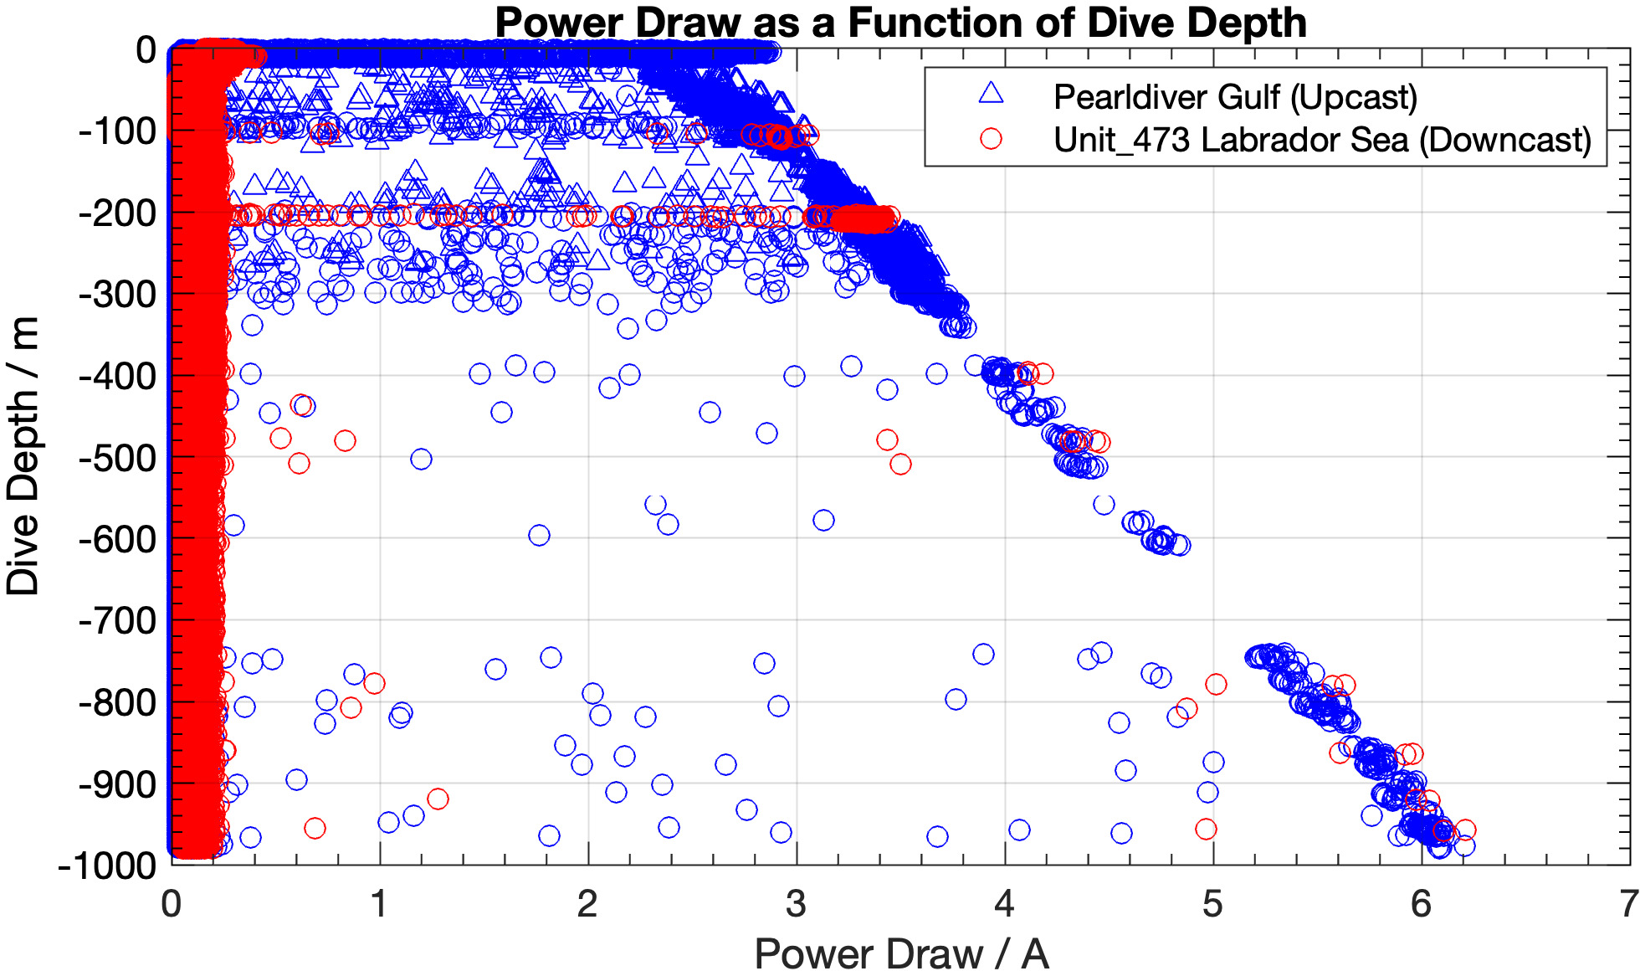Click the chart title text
[x=900, y=23]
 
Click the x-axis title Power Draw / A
[x=900, y=953]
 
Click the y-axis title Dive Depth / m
[x=23, y=456]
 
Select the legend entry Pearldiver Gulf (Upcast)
[x=1234, y=97]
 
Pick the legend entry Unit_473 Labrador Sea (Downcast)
[x=1321, y=140]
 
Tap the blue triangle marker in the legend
[x=991, y=95]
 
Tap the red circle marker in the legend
[x=991, y=139]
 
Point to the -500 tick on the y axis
[x=117, y=458]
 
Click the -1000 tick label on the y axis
[x=107, y=866]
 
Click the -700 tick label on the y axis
[x=117, y=621]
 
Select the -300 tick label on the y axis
[x=117, y=295]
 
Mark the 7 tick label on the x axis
[x=1628, y=904]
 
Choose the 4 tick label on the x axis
[x=1004, y=904]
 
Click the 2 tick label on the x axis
[x=587, y=904]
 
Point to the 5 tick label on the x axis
[x=1212, y=904]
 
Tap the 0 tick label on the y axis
[x=146, y=50]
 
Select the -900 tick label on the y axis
[x=117, y=784]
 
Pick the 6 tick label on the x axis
[x=1421, y=904]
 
